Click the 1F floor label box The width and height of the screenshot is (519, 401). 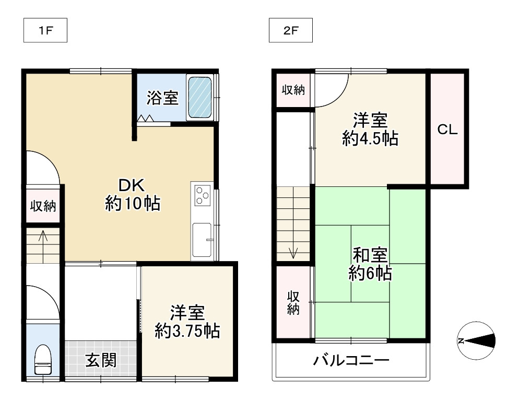tap(46, 31)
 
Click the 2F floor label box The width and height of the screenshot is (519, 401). tap(290, 31)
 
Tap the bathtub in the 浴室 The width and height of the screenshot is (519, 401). tap(199, 98)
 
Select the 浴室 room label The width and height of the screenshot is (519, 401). tap(162, 98)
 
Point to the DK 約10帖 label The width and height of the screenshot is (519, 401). tap(133, 194)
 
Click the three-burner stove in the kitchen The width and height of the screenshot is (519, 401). tap(202, 196)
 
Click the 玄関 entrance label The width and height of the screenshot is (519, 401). tap(101, 360)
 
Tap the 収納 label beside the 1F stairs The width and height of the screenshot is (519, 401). tap(42, 206)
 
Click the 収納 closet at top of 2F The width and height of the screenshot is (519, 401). tap(293, 90)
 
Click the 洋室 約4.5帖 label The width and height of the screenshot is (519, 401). tap(370, 130)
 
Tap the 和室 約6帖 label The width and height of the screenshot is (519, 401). tap(370, 265)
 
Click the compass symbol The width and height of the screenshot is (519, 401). tap(476, 341)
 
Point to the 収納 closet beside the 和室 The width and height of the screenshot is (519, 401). tap(293, 302)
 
